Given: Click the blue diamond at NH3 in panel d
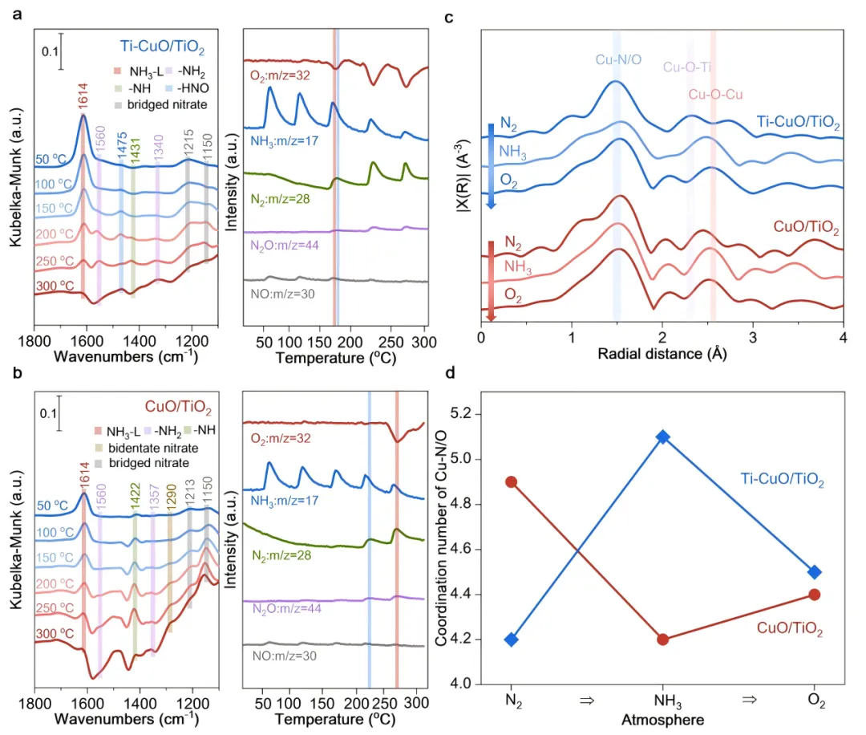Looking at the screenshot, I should click(662, 437).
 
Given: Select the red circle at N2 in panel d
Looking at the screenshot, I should click(511, 481).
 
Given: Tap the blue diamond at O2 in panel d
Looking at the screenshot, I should click(815, 572).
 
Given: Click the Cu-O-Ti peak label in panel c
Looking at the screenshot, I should click(687, 67).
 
